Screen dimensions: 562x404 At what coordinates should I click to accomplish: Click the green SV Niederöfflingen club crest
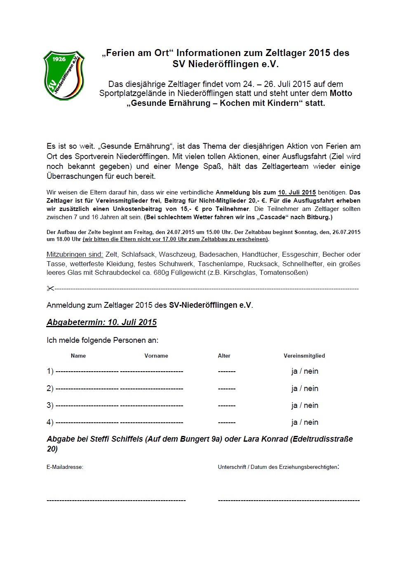(x=64, y=75)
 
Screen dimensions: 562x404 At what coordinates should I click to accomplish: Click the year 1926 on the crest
(x=59, y=59)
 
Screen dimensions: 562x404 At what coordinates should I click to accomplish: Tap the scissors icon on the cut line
(x=50, y=288)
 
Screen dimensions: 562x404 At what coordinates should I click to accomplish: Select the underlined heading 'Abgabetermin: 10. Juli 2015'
(x=101, y=322)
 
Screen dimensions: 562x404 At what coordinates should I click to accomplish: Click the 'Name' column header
(x=78, y=356)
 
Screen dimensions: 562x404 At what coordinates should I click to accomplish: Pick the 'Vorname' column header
(x=156, y=356)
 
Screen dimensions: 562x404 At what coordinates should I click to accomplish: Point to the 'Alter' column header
(x=224, y=356)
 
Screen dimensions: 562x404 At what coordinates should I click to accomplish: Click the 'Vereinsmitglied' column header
(x=304, y=356)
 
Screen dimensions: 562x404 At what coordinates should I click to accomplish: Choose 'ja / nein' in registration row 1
(x=305, y=371)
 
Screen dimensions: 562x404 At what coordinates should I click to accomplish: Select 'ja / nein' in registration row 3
(x=305, y=405)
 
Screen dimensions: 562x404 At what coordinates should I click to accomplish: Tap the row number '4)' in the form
(x=50, y=422)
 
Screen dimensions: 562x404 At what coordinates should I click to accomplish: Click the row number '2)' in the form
(x=50, y=389)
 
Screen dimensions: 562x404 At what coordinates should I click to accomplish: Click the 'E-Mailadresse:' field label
(x=65, y=467)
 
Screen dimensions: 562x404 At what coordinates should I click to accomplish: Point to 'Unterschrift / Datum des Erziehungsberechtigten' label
(x=278, y=467)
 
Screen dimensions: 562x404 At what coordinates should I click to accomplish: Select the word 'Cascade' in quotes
(x=272, y=217)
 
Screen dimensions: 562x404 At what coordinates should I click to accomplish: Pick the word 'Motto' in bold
(x=341, y=94)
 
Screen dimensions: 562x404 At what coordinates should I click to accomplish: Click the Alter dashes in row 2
(x=227, y=389)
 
